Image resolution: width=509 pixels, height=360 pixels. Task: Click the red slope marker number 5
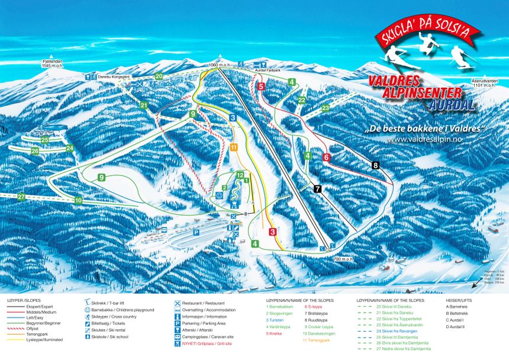260,86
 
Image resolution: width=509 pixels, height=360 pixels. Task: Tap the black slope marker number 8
375,165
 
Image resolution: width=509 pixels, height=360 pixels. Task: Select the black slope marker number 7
318,189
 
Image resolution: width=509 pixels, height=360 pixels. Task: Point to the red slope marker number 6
326,157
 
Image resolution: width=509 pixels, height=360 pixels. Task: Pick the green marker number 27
21,197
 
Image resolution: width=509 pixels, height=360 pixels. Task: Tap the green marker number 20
159,76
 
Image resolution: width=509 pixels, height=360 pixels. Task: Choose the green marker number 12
240,175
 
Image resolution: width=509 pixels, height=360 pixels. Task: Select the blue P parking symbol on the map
196,233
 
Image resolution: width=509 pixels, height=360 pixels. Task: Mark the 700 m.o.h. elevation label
344,259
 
